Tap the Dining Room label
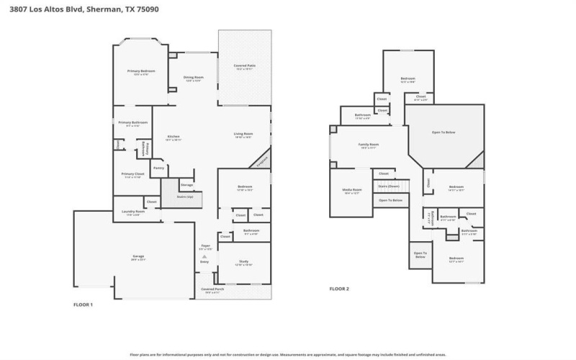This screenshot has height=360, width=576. click(x=194, y=77)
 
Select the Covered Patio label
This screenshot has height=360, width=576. click(x=245, y=66)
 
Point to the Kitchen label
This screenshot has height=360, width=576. click(x=174, y=136)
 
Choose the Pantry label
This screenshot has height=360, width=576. click(x=159, y=168)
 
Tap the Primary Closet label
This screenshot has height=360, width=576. click(x=133, y=174)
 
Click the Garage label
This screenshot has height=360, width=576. click(x=138, y=256)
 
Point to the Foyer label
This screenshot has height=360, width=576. click(x=205, y=246)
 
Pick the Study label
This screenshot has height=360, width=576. click(x=244, y=262)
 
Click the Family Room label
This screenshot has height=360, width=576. click(x=369, y=145)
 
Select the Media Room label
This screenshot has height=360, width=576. click(x=351, y=191)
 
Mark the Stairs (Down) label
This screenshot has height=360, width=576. click(x=388, y=186)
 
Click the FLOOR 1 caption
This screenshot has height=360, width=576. click(x=84, y=305)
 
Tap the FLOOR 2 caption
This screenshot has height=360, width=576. click(x=339, y=289)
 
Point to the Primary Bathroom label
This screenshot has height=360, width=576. click(x=133, y=122)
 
